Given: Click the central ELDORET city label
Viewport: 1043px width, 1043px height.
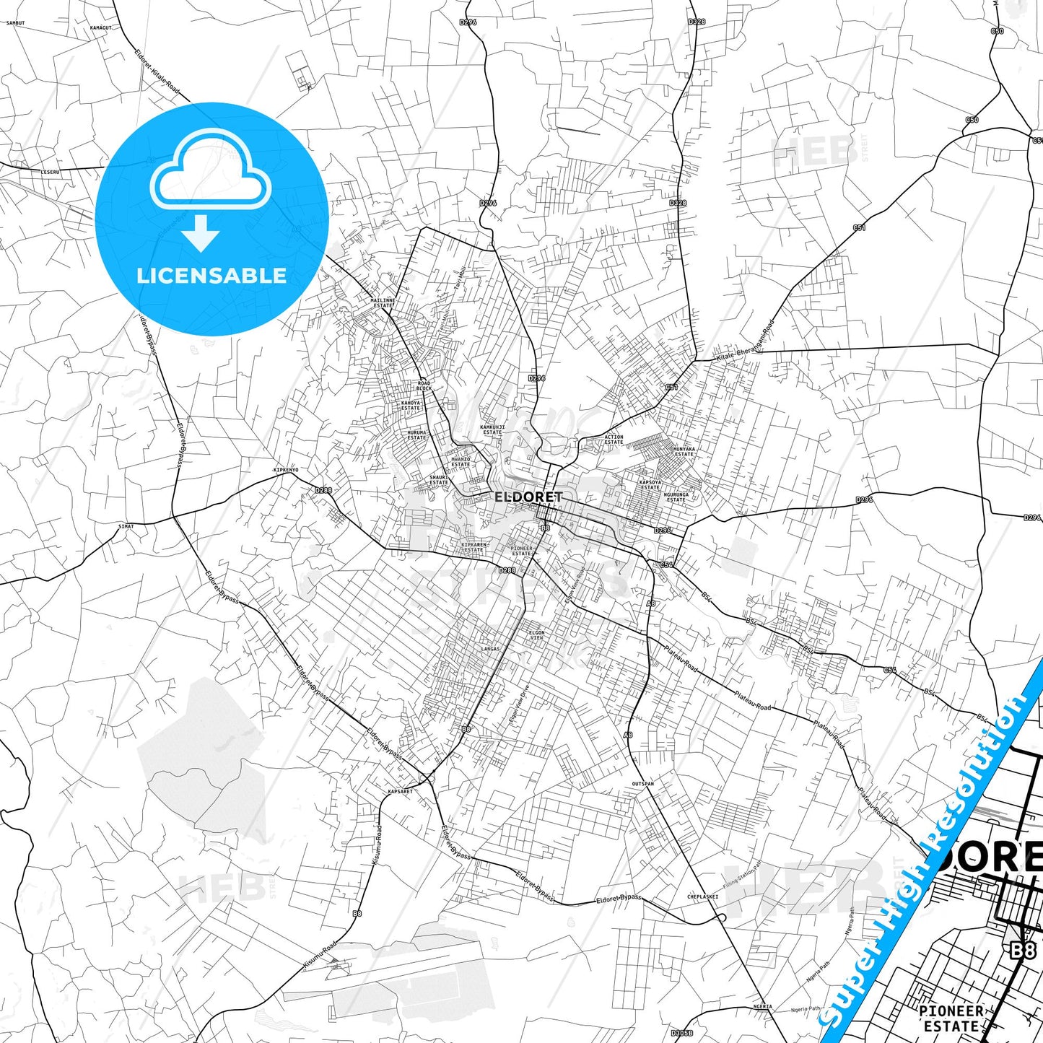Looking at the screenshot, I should pyautogui.click(x=528, y=497).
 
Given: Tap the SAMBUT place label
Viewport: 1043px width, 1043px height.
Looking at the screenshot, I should pyautogui.click(x=15, y=23).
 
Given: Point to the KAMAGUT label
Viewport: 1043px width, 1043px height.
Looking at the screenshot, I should pyautogui.click(x=101, y=27).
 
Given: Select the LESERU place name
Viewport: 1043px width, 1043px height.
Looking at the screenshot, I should pyautogui.click(x=51, y=172).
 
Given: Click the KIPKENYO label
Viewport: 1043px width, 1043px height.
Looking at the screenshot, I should pyautogui.click(x=286, y=470).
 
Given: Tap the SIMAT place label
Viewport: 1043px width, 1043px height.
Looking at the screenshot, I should pyautogui.click(x=126, y=526).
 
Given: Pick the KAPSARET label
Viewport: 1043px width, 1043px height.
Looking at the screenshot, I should pyautogui.click(x=401, y=791).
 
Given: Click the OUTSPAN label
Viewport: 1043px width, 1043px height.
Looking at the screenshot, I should pyautogui.click(x=642, y=783).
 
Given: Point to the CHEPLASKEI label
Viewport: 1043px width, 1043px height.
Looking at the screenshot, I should pyautogui.click(x=702, y=897).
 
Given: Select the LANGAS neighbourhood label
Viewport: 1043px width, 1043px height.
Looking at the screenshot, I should pyautogui.click(x=490, y=648).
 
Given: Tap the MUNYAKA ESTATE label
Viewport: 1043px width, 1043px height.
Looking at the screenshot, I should pyautogui.click(x=684, y=451).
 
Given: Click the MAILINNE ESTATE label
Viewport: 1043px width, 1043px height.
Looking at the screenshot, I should pyautogui.click(x=383, y=302).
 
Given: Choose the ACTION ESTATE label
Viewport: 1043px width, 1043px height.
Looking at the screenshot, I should pyautogui.click(x=614, y=440).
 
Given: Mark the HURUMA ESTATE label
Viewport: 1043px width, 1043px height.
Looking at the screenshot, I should pyautogui.click(x=416, y=435).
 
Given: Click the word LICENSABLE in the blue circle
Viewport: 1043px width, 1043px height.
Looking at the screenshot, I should pyautogui.click(x=211, y=276).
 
